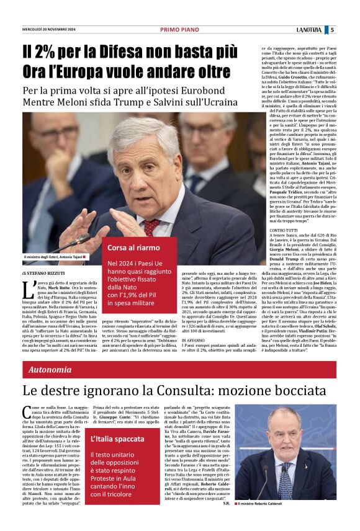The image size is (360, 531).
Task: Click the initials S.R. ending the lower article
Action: [227, 502]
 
